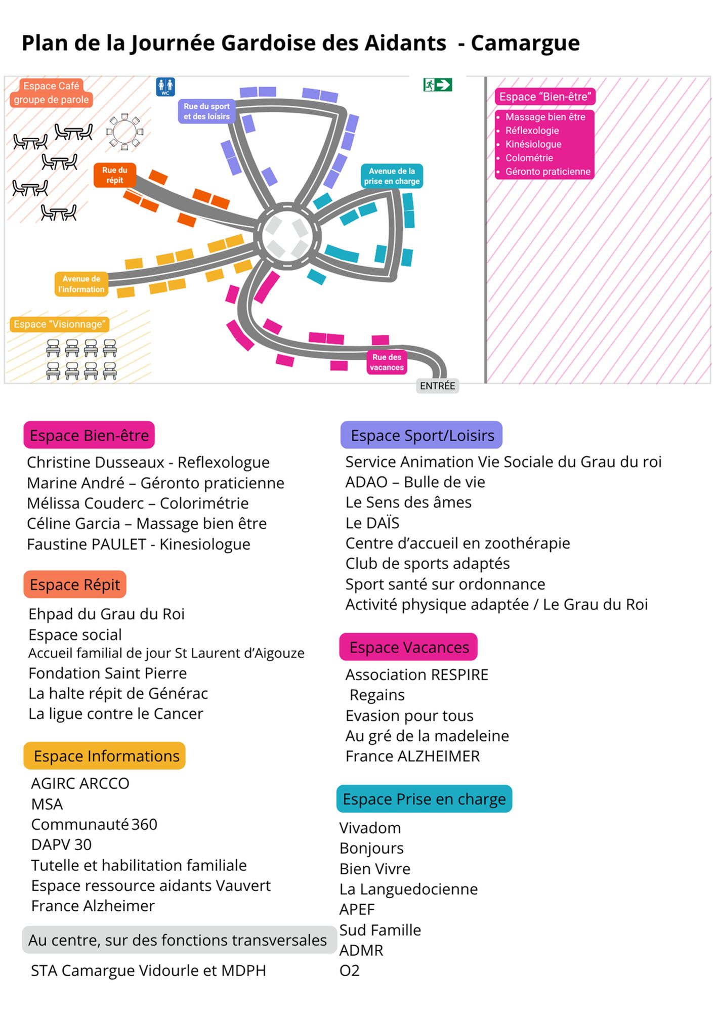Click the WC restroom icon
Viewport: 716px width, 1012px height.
(165, 87)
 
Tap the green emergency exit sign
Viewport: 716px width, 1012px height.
(437, 85)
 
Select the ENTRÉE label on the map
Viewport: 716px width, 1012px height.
(437, 386)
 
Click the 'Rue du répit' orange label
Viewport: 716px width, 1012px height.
(115, 175)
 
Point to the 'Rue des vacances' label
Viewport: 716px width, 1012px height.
(387, 362)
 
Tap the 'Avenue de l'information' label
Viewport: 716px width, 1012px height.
(81, 284)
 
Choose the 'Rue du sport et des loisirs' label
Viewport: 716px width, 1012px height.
(206, 111)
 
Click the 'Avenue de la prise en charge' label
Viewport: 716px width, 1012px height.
(392, 176)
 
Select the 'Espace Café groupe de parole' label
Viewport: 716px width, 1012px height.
(51, 93)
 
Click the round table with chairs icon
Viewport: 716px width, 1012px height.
(124, 132)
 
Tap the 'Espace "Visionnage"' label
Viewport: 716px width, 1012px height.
(60, 324)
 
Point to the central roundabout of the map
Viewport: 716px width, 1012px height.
(287, 236)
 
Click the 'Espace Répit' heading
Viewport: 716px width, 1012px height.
(75, 584)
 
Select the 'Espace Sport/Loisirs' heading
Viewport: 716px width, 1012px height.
(422, 435)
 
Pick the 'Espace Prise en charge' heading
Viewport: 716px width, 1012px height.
(424, 799)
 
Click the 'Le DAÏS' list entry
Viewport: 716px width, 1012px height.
(372, 523)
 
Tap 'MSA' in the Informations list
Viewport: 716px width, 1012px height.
(47, 804)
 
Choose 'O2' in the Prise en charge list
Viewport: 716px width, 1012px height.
(350, 971)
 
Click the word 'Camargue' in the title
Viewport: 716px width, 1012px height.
(525, 43)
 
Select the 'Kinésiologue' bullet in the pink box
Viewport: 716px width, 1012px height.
(533, 144)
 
